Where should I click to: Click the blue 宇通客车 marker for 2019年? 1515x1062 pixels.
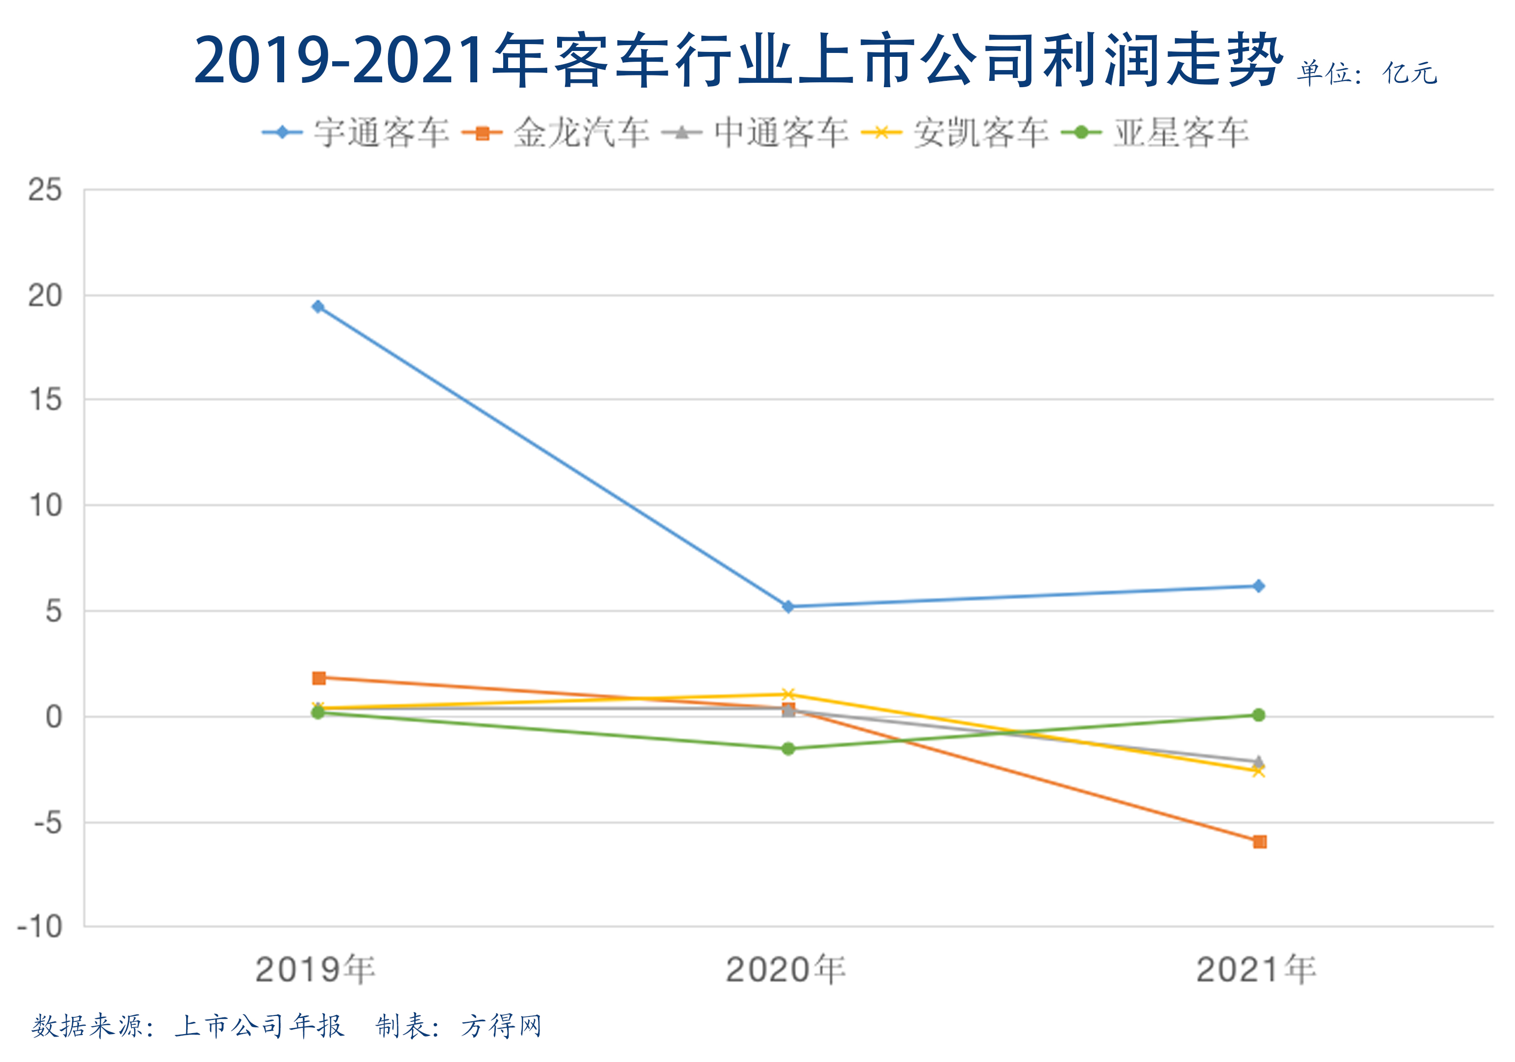coord(318,307)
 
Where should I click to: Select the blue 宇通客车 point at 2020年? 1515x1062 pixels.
coord(788,606)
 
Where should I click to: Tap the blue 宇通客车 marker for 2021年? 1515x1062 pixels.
coord(1258,586)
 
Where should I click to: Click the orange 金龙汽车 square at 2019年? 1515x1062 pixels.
coord(318,678)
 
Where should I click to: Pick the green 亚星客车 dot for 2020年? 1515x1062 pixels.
coord(788,748)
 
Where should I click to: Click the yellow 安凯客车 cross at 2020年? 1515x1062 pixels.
coord(788,695)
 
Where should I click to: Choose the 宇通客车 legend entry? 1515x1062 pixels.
coord(356,133)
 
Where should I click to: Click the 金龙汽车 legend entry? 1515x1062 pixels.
coord(556,133)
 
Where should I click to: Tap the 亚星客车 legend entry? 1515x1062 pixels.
coord(1155,133)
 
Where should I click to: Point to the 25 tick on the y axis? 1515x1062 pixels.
coord(45,190)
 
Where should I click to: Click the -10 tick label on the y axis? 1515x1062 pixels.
coord(40,927)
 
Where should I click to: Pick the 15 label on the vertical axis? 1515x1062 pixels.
coord(45,400)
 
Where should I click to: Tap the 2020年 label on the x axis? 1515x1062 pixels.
coord(785,969)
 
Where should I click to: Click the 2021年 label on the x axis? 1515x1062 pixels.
coord(1256,969)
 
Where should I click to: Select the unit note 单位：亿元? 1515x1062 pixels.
coord(1367,73)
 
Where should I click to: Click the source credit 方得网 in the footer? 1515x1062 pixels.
coord(501,1026)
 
